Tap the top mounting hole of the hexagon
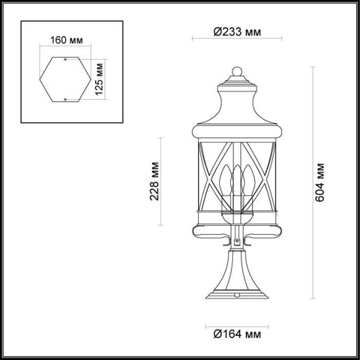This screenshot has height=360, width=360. (66, 60)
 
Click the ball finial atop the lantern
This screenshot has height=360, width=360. (236, 70)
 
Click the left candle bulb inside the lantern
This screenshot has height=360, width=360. (226, 180)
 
